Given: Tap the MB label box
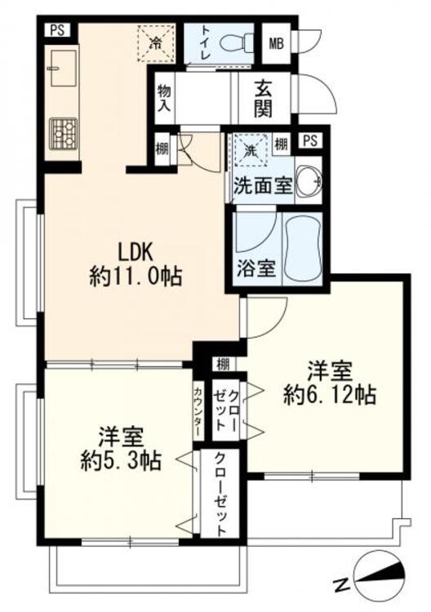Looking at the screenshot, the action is (x=276, y=44).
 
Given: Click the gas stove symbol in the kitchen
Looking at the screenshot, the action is (x=63, y=134).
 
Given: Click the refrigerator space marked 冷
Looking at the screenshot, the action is (x=156, y=43).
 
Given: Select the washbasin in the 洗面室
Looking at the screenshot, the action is (x=309, y=181).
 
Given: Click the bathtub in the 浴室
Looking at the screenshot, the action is (x=303, y=247).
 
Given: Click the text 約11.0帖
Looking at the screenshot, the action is (x=136, y=277).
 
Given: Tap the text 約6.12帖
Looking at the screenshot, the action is (x=330, y=395).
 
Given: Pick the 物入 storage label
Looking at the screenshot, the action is (x=164, y=99).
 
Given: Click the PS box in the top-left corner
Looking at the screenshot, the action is (x=57, y=30).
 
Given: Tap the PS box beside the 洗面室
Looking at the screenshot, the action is (x=310, y=140).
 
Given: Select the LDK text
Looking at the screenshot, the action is (x=135, y=251).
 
